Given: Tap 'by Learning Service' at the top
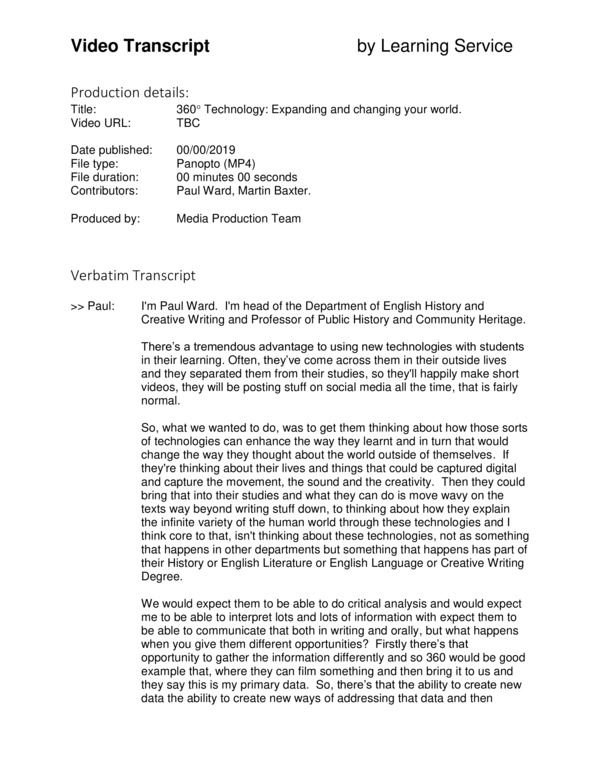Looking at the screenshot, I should (435, 46).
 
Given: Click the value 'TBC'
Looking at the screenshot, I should (188, 123).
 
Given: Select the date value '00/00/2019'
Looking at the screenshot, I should (208, 150).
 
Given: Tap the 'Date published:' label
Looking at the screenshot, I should (111, 150).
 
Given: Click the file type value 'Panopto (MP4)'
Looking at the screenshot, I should (217, 163).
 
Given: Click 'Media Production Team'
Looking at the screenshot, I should (238, 218).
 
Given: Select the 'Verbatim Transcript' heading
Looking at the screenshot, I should (133, 275).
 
